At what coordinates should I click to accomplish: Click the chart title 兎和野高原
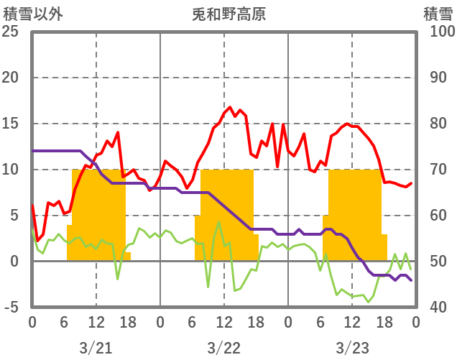click(x=229, y=14)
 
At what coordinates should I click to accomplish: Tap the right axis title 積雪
click(x=438, y=14)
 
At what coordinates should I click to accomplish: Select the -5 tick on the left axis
click(x=12, y=308)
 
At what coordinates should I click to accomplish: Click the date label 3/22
click(x=224, y=348)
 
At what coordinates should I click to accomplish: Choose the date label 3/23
click(x=352, y=348)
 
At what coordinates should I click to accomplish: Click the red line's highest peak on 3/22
click(x=230, y=108)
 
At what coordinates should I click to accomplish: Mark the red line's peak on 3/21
click(x=118, y=132)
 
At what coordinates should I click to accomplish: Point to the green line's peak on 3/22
click(x=218, y=222)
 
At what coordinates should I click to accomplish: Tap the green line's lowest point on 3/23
click(x=369, y=302)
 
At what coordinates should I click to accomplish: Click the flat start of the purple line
click(x=54, y=151)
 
